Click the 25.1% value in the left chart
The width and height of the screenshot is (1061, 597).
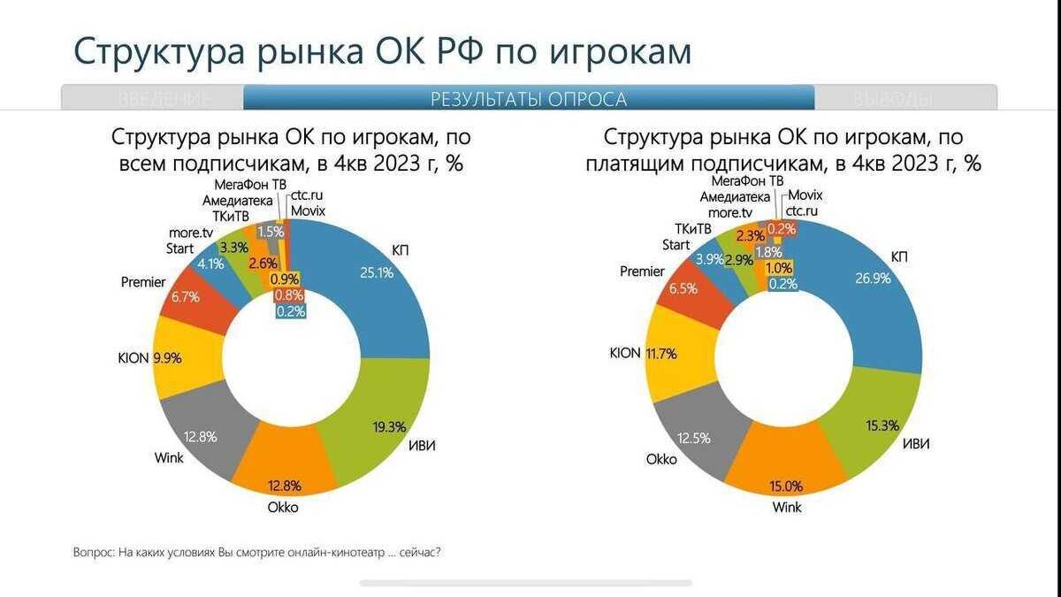pyautogui.click(x=377, y=272)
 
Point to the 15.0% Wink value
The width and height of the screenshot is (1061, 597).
pyautogui.click(x=785, y=485)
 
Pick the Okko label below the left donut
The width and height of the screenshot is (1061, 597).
pyautogui.click(x=283, y=507)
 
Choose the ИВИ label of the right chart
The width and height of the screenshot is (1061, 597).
pyautogui.click(x=916, y=442)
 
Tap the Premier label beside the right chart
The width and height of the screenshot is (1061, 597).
pyautogui.click(x=642, y=272)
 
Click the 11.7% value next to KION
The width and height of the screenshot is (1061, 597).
pyautogui.click(x=660, y=354)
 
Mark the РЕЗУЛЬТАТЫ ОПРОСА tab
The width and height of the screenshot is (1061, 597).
pyautogui.click(x=529, y=98)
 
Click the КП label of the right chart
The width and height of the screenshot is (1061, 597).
pyautogui.click(x=900, y=256)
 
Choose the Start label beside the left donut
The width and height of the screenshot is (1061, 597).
pyautogui.click(x=179, y=249)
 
